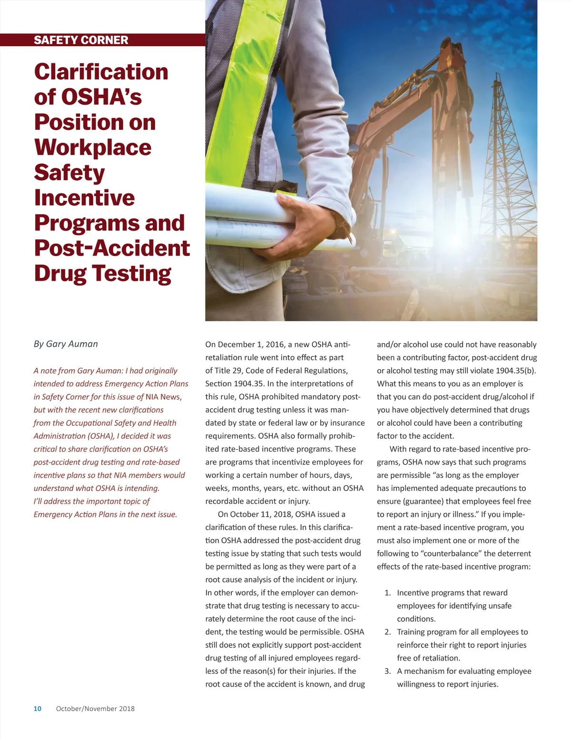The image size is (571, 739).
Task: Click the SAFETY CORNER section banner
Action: [81, 40]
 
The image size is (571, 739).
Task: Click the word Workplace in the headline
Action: [93, 147]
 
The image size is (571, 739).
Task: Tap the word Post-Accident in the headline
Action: [112, 248]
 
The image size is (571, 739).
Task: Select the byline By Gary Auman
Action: [66, 344]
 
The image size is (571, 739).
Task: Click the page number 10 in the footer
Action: [38, 709]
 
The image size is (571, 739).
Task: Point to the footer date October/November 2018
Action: [95, 709]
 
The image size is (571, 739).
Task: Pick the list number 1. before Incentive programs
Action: [388, 593]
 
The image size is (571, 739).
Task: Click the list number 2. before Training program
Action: [388, 632]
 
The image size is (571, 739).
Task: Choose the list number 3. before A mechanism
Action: [388, 671]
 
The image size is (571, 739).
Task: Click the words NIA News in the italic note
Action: [163, 397]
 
